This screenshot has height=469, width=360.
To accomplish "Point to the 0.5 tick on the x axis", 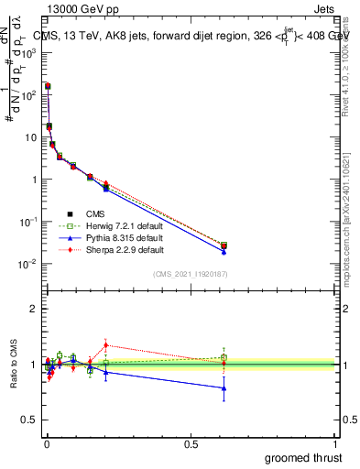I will click(191, 443).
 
